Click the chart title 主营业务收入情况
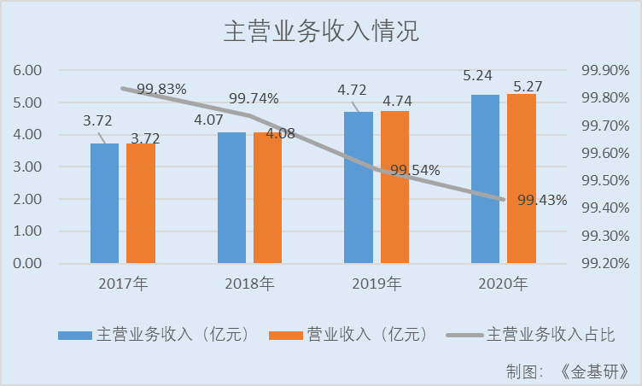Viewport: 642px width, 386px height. tap(321, 32)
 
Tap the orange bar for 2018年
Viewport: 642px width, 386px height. tap(267, 197)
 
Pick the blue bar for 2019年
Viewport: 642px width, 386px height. tap(358, 187)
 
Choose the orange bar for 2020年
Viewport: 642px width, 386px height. tap(521, 178)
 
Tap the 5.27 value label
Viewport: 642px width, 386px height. tap(528, 85)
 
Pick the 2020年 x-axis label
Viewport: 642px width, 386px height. tap(504, 284)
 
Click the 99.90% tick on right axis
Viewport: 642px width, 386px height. tap(604, 70)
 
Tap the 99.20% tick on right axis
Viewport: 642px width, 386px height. tap(604, 263)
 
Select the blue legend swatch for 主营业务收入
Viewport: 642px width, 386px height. tap(74, 334)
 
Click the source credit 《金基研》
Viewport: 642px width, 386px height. tap(596, 371)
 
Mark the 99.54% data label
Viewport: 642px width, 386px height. tap(414, 170)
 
